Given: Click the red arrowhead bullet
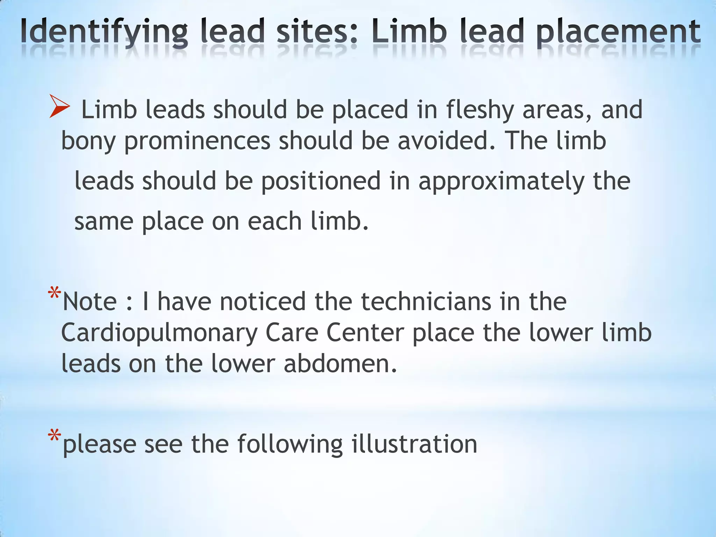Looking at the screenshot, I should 59,106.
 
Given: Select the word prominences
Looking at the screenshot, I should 197,142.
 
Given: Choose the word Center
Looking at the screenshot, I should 365,332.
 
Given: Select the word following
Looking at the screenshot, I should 290,445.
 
